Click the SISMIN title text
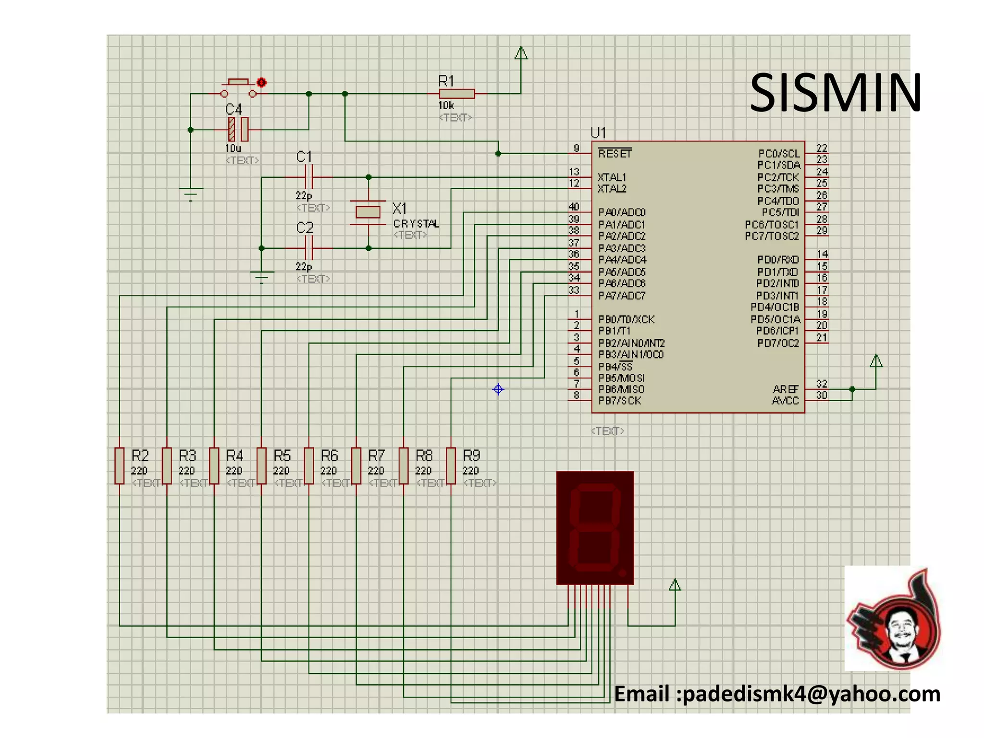click(835, 93)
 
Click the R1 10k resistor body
click(457, 94)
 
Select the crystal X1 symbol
click(368, 212)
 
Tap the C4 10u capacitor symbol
click(238, 129)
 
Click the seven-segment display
click(595, 528)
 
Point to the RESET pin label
click(615, 154)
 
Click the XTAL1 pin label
click(612, 177)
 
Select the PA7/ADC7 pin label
click(622, 295)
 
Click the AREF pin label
click(786, 389)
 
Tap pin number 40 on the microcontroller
click(574, 207)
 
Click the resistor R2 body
click(120, 466)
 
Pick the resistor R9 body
click(451, 466)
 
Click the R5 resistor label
click(283, 455)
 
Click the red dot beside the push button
click(261, 83)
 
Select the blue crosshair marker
click(498, 389)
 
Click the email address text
click(777, 694)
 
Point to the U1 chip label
click(598, 133)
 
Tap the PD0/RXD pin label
click(777, 260)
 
